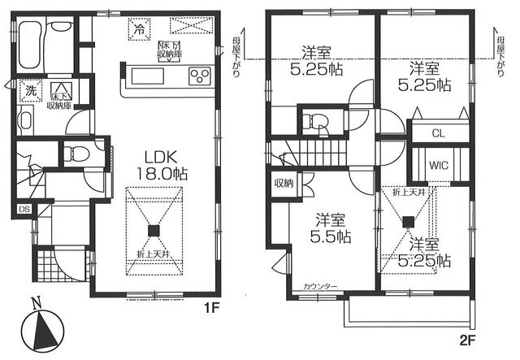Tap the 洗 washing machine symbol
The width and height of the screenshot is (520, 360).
click(29, 90)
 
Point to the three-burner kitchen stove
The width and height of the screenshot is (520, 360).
click(199, 77)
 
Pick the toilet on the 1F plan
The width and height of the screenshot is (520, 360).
click(76, 153)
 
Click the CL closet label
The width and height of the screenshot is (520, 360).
click(437, 132)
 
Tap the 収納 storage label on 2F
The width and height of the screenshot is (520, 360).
click(283, 183)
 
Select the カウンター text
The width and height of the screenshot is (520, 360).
click(322, 288)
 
